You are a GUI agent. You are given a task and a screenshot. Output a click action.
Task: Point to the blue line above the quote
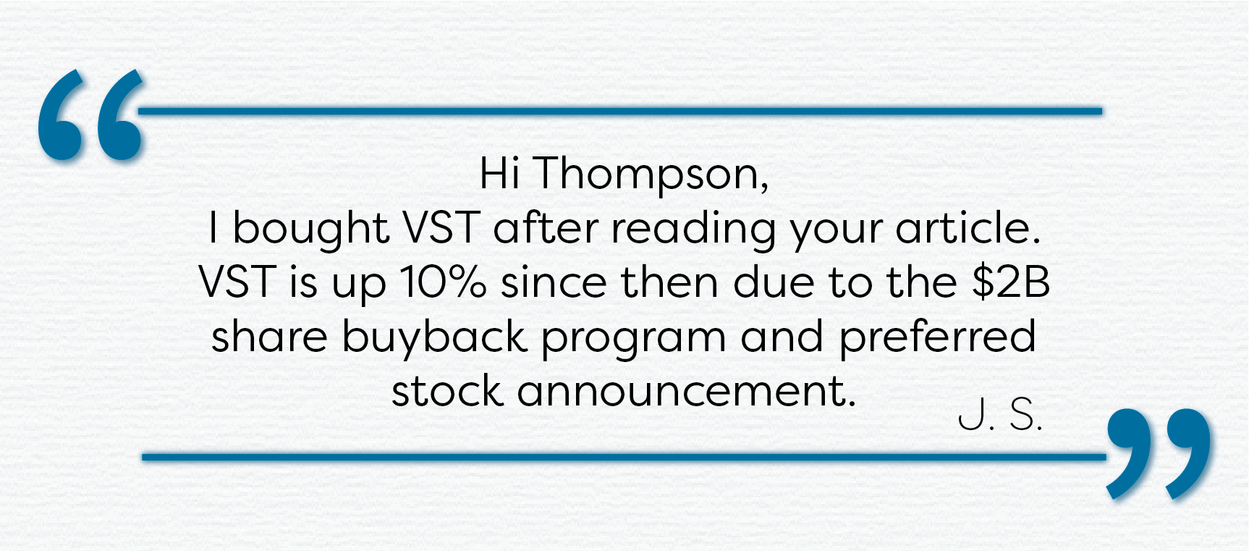[620, 111]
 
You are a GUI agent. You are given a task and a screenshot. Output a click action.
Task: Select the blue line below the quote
[624, 457]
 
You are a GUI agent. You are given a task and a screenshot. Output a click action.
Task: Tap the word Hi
[499, 174]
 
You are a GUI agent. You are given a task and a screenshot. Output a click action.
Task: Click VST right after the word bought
[441, 228]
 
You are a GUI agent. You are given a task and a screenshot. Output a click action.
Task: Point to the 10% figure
[441, 282]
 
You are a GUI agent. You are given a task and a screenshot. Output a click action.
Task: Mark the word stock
[446, 391]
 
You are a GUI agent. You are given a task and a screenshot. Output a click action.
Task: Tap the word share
[269, 337]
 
